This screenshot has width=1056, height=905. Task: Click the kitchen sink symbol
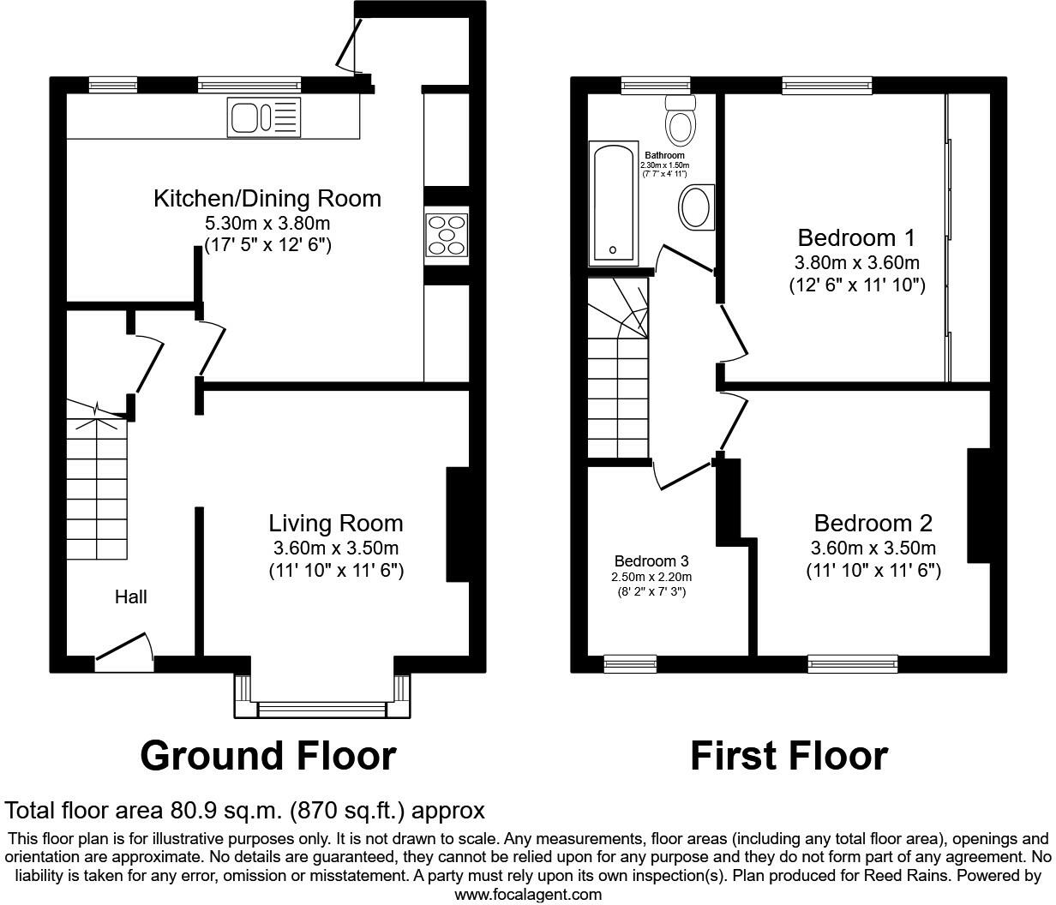click(x=264, y=117)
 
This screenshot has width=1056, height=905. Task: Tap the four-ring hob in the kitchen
click(x=446, y=234)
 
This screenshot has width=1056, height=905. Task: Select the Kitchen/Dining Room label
click(x=267, y=199)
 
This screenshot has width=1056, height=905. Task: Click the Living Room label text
click(x=335, y=523)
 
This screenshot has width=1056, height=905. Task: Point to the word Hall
click(x=131, y=596)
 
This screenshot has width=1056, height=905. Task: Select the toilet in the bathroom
click(x=681, y=119)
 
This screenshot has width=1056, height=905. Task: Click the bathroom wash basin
click(x=696, y=208)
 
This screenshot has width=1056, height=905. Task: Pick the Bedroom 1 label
click(x=856, y=237)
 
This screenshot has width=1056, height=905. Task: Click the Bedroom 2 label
click(x=873, y=523)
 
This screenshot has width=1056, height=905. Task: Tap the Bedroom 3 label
click(x=651, y=561)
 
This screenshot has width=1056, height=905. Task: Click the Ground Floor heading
click(x=267, y=756)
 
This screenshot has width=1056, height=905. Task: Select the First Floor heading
click(x=789, y=756)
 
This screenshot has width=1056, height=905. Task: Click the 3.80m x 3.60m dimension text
click(x=856, y=262)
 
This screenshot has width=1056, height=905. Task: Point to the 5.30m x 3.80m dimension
click(x=267, y=223)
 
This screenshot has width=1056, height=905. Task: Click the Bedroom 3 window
click(x=630, y=662)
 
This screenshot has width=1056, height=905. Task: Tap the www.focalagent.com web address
click(x=527, y=895)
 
